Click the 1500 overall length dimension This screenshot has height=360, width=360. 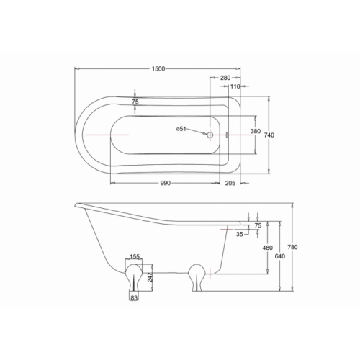(158, 69)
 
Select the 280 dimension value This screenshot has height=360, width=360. (225, 78)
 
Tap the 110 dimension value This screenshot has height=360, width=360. (235, 86)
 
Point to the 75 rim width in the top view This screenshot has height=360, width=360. (135, 102)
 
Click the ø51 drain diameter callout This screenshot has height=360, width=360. (181, 129)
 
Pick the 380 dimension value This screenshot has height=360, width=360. (256, 131)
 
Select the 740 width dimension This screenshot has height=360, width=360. (269, 135)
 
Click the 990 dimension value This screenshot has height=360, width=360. (165, 183)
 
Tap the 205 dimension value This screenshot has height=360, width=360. (230, 183)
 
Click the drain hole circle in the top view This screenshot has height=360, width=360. (210, 135)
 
